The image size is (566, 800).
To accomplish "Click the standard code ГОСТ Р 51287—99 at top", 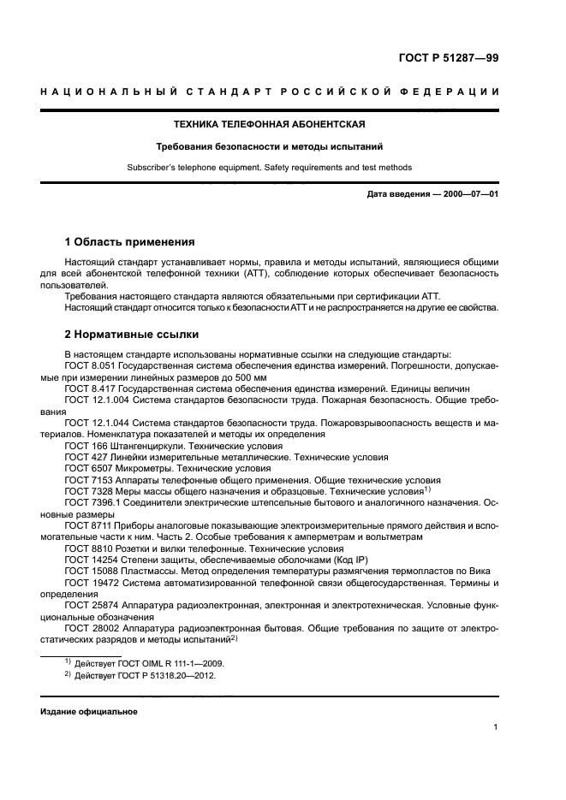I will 449,58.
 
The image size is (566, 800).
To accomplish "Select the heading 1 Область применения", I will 129,242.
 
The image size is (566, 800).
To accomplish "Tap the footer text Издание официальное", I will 88,711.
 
